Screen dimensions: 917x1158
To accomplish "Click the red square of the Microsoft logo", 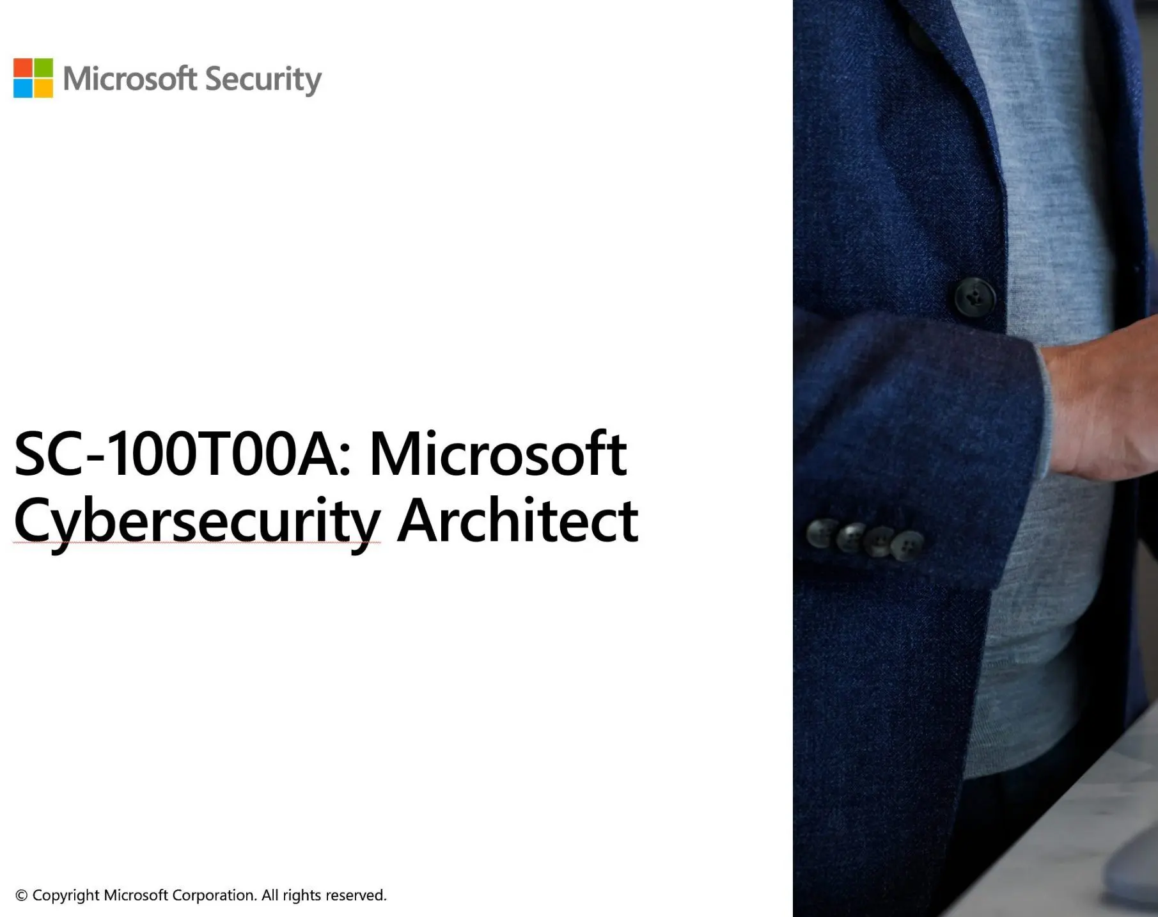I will point(23,68).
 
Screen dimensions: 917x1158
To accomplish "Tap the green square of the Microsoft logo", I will point(43,68).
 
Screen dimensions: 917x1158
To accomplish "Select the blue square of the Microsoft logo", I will point(23,88).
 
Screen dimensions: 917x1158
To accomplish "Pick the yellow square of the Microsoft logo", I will point(43,88).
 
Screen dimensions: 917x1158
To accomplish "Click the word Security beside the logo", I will point(263,79).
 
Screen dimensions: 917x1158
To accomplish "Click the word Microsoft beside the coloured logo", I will point(129,79).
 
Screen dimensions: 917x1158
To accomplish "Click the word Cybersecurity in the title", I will point(197,521).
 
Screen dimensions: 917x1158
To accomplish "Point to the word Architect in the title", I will point(517,521).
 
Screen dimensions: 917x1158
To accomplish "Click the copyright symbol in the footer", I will point(21,895).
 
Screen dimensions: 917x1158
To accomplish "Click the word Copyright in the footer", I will point(66,895).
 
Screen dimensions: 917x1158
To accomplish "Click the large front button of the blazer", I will point(974,296).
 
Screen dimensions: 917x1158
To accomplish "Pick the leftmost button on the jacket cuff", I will point(822,532).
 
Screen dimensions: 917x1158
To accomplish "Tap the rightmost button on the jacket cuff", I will point(907,545).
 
